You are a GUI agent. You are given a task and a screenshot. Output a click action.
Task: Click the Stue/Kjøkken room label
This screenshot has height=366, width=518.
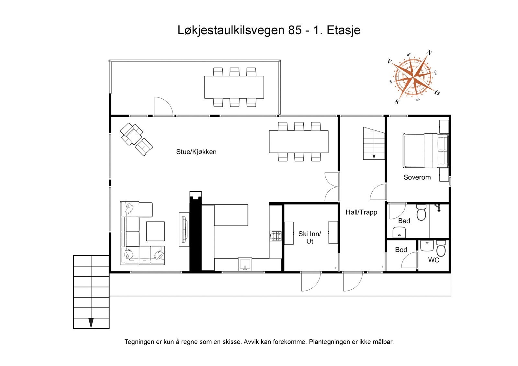pyautogui.click(x=196, y=152)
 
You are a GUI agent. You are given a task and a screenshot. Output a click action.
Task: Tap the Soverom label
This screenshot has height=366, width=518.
pyautogui.click(x=417, y=177)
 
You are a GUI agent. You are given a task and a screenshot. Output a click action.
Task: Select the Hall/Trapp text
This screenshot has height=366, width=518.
pyautogui.click(x=361, y=212)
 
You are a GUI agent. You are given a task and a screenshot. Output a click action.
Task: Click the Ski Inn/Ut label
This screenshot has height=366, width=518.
pyautogui.click(x=310, y=238)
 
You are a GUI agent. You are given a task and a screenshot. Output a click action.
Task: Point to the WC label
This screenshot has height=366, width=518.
pyautogui.click(x=434, y=260)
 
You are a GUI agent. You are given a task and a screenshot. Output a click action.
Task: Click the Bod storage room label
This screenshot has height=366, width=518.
pyautogui.click(x=401, y=250)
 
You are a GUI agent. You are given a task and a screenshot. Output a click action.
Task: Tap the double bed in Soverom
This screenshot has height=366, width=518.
pyautogui.click(x=425, y=151)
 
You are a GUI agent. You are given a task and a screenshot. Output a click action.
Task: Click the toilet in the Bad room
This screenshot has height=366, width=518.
pyautogui.click(x=421, y=213)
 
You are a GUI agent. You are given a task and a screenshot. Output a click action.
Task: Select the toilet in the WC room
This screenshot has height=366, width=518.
pyautogui.click(x=441, y=249)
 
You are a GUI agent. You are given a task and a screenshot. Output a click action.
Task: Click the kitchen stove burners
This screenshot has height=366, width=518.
pyautogui.click(x=276, y=236)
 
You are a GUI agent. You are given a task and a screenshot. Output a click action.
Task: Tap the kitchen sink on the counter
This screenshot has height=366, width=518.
pyautogui.click(x=245, y=264)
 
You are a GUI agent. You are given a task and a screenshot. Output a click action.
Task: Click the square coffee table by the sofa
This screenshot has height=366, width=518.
pyautogui.click(x=155, y=231)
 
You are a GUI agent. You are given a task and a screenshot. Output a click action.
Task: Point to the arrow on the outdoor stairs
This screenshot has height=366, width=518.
pyautogui.click(x=91, y=323)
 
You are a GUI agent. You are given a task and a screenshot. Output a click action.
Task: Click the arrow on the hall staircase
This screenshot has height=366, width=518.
pyautogui.click(x=374, y=157)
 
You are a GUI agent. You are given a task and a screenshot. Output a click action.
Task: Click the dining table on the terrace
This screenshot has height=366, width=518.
pyautogui.click(x=234, y=87)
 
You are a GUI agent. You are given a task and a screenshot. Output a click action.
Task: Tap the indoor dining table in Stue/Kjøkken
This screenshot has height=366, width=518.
pyautogui.click(x=298, y=141)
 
